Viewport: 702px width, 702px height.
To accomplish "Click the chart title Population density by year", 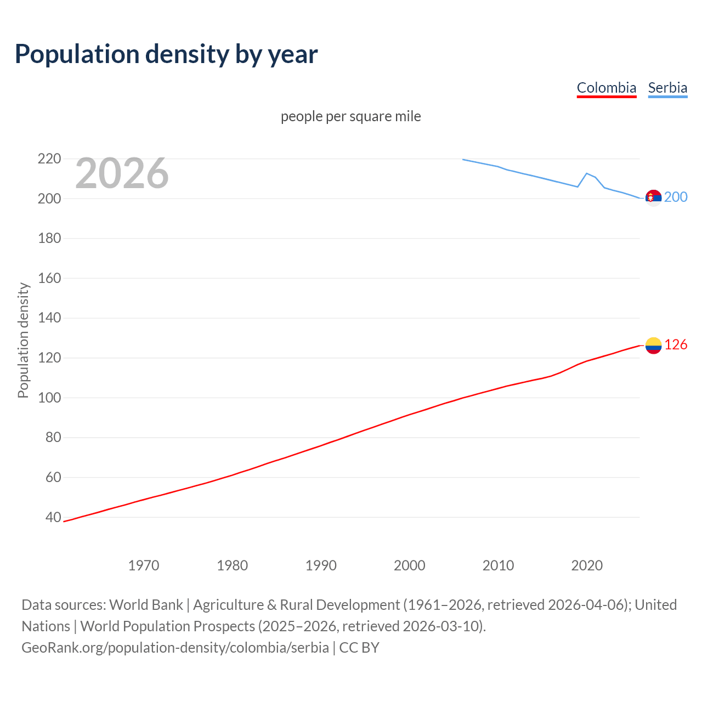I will [x=166, y=54].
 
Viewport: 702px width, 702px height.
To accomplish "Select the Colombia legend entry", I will [x=606, y=88].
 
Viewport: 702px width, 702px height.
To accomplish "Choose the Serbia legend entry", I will [x=667, y=88].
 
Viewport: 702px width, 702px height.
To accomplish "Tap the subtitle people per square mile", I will [x=350, y=117].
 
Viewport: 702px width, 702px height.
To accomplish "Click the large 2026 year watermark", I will [x=122, y=173].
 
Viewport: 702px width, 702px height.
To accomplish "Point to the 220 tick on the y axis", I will [x=49, y=159].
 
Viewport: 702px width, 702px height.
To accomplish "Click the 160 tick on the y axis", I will [x=49, y=278].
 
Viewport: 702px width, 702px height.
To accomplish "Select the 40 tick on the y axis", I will [x=53, y=517].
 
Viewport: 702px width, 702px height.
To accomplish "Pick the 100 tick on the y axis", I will [x=49, y=398].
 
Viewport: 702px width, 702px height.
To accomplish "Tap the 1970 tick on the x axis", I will [x=144, y=565].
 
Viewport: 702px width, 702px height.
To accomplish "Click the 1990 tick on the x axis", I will [x=321, y=565].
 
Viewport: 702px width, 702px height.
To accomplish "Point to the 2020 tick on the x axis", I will [x=587, y=565].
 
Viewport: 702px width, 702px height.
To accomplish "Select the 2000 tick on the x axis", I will [x=410, y=565].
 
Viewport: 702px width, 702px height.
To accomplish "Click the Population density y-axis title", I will [x=23, y=340].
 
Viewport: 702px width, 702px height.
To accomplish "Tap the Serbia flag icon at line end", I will [x=653, y=197].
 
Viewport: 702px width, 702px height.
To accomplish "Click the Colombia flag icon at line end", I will [x=653, y=346].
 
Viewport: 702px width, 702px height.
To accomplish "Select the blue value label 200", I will [x=676, y=197].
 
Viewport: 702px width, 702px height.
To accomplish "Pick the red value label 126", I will [x=676, y=344].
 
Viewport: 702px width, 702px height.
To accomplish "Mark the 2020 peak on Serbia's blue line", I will [x=587, y=173].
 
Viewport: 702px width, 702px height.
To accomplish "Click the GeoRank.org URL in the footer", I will [x=175, y=648].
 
